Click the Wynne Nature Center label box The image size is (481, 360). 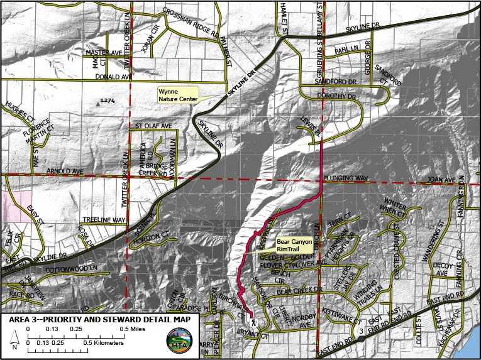click(177, 95)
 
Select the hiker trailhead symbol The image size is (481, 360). click(255, 322)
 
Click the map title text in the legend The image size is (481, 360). click(104, 319)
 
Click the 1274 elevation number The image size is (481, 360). click(107, 101)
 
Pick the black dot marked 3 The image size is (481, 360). click(361, 330)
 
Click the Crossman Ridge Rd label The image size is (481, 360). click(192, 21)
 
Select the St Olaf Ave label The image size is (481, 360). click(154, 126)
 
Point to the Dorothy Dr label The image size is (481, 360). click(337, 97)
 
